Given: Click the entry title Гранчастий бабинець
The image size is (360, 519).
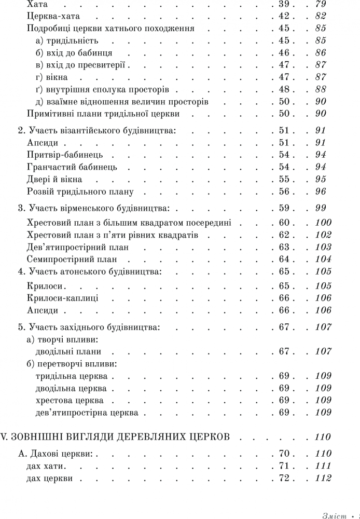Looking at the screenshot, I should (72, 167).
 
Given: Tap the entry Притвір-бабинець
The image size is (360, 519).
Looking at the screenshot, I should (65, 155).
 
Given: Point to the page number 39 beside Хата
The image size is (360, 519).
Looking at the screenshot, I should (279, 5).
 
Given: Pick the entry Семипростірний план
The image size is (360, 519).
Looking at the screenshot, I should (72, 259).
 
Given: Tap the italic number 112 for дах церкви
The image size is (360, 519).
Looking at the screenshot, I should (323, 479).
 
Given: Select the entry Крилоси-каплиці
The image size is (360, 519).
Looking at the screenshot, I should (62, 298).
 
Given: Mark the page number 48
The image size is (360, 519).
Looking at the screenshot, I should (279, 90).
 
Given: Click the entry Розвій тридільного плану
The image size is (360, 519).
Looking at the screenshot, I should (80, 192).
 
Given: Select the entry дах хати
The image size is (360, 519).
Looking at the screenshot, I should (45, 466).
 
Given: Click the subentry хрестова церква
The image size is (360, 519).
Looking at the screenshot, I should (70, 401).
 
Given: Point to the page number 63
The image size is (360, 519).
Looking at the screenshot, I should (279, 248).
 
